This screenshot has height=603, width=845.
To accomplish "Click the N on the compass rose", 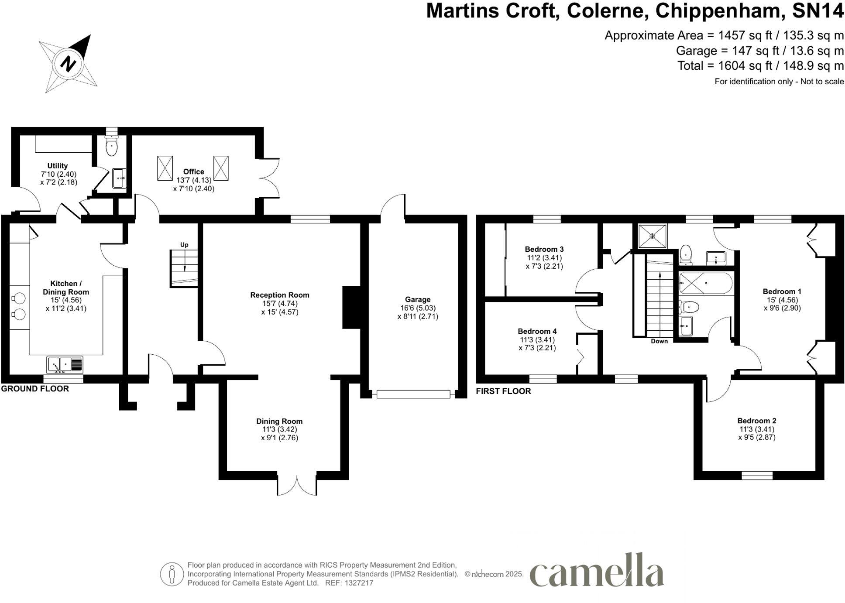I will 68,64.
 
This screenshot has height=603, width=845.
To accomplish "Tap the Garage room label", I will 417,299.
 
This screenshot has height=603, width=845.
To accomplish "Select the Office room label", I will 193,171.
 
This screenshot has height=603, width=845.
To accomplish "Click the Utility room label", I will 58,165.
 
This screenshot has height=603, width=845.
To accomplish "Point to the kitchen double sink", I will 65,364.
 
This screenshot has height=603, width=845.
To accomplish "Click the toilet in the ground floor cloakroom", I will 112,146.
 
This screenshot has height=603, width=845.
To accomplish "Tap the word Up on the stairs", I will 184,245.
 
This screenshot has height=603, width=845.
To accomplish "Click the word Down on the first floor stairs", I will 659,341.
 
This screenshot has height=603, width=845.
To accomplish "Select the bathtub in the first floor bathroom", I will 705,283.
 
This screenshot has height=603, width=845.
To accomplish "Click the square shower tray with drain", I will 652,236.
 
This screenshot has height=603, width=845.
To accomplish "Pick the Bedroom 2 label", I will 756,421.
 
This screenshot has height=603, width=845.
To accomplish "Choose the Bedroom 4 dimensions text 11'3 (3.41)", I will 537,339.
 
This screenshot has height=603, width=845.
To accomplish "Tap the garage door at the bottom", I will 413,394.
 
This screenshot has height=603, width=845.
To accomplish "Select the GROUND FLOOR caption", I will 35,389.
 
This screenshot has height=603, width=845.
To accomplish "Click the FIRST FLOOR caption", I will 503,391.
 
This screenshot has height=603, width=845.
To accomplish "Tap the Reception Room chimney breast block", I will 351,307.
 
